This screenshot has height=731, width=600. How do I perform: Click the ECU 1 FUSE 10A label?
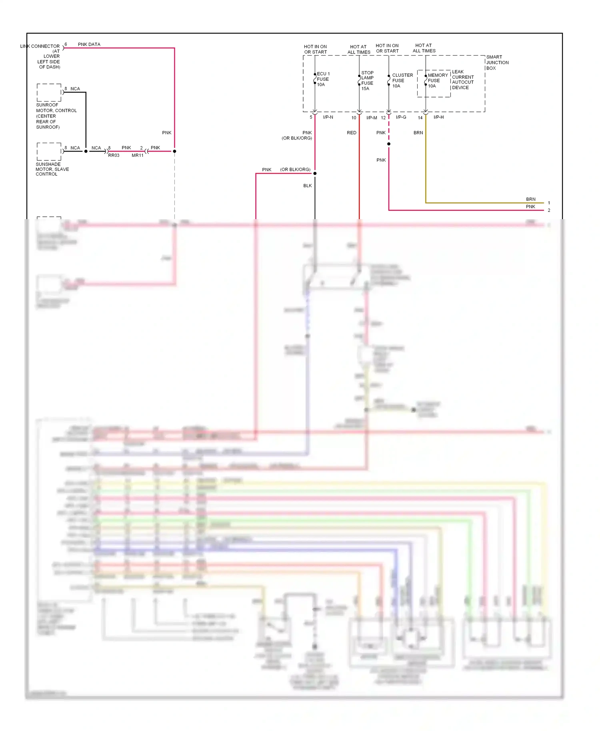click(323, 79)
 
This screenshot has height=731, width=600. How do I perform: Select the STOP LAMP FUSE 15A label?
click(367, 81)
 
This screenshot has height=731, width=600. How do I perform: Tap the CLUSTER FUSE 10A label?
click(402, 80)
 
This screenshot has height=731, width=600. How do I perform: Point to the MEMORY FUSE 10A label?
click(437, 80)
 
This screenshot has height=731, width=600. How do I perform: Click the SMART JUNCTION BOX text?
click(497, 62)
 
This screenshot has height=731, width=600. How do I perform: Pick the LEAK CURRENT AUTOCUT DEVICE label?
click(463, 80)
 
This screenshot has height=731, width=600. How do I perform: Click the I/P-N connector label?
click(328, 117)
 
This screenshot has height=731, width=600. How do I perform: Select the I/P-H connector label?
click(438, 117)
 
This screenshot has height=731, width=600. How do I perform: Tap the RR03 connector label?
click(114, 155)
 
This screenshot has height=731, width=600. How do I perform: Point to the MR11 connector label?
click(138, 155)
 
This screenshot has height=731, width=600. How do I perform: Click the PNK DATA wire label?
click(89, 44)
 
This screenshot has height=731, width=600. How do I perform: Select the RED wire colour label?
click(352, 133)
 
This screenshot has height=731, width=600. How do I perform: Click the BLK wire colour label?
click(307, 186)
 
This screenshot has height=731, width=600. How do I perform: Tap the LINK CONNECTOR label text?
click(40, 46)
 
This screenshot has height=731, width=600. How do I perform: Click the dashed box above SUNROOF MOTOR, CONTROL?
click(49, 92)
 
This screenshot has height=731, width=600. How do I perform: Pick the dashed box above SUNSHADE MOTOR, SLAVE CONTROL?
click(49, 152)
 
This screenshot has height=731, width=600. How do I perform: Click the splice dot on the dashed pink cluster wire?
click(388, 144)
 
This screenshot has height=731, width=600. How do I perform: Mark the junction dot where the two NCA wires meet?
click(86, 151)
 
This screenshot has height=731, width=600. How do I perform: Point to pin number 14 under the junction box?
click(420, 118)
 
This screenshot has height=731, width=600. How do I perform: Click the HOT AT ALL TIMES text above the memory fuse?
click(424, 48)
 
